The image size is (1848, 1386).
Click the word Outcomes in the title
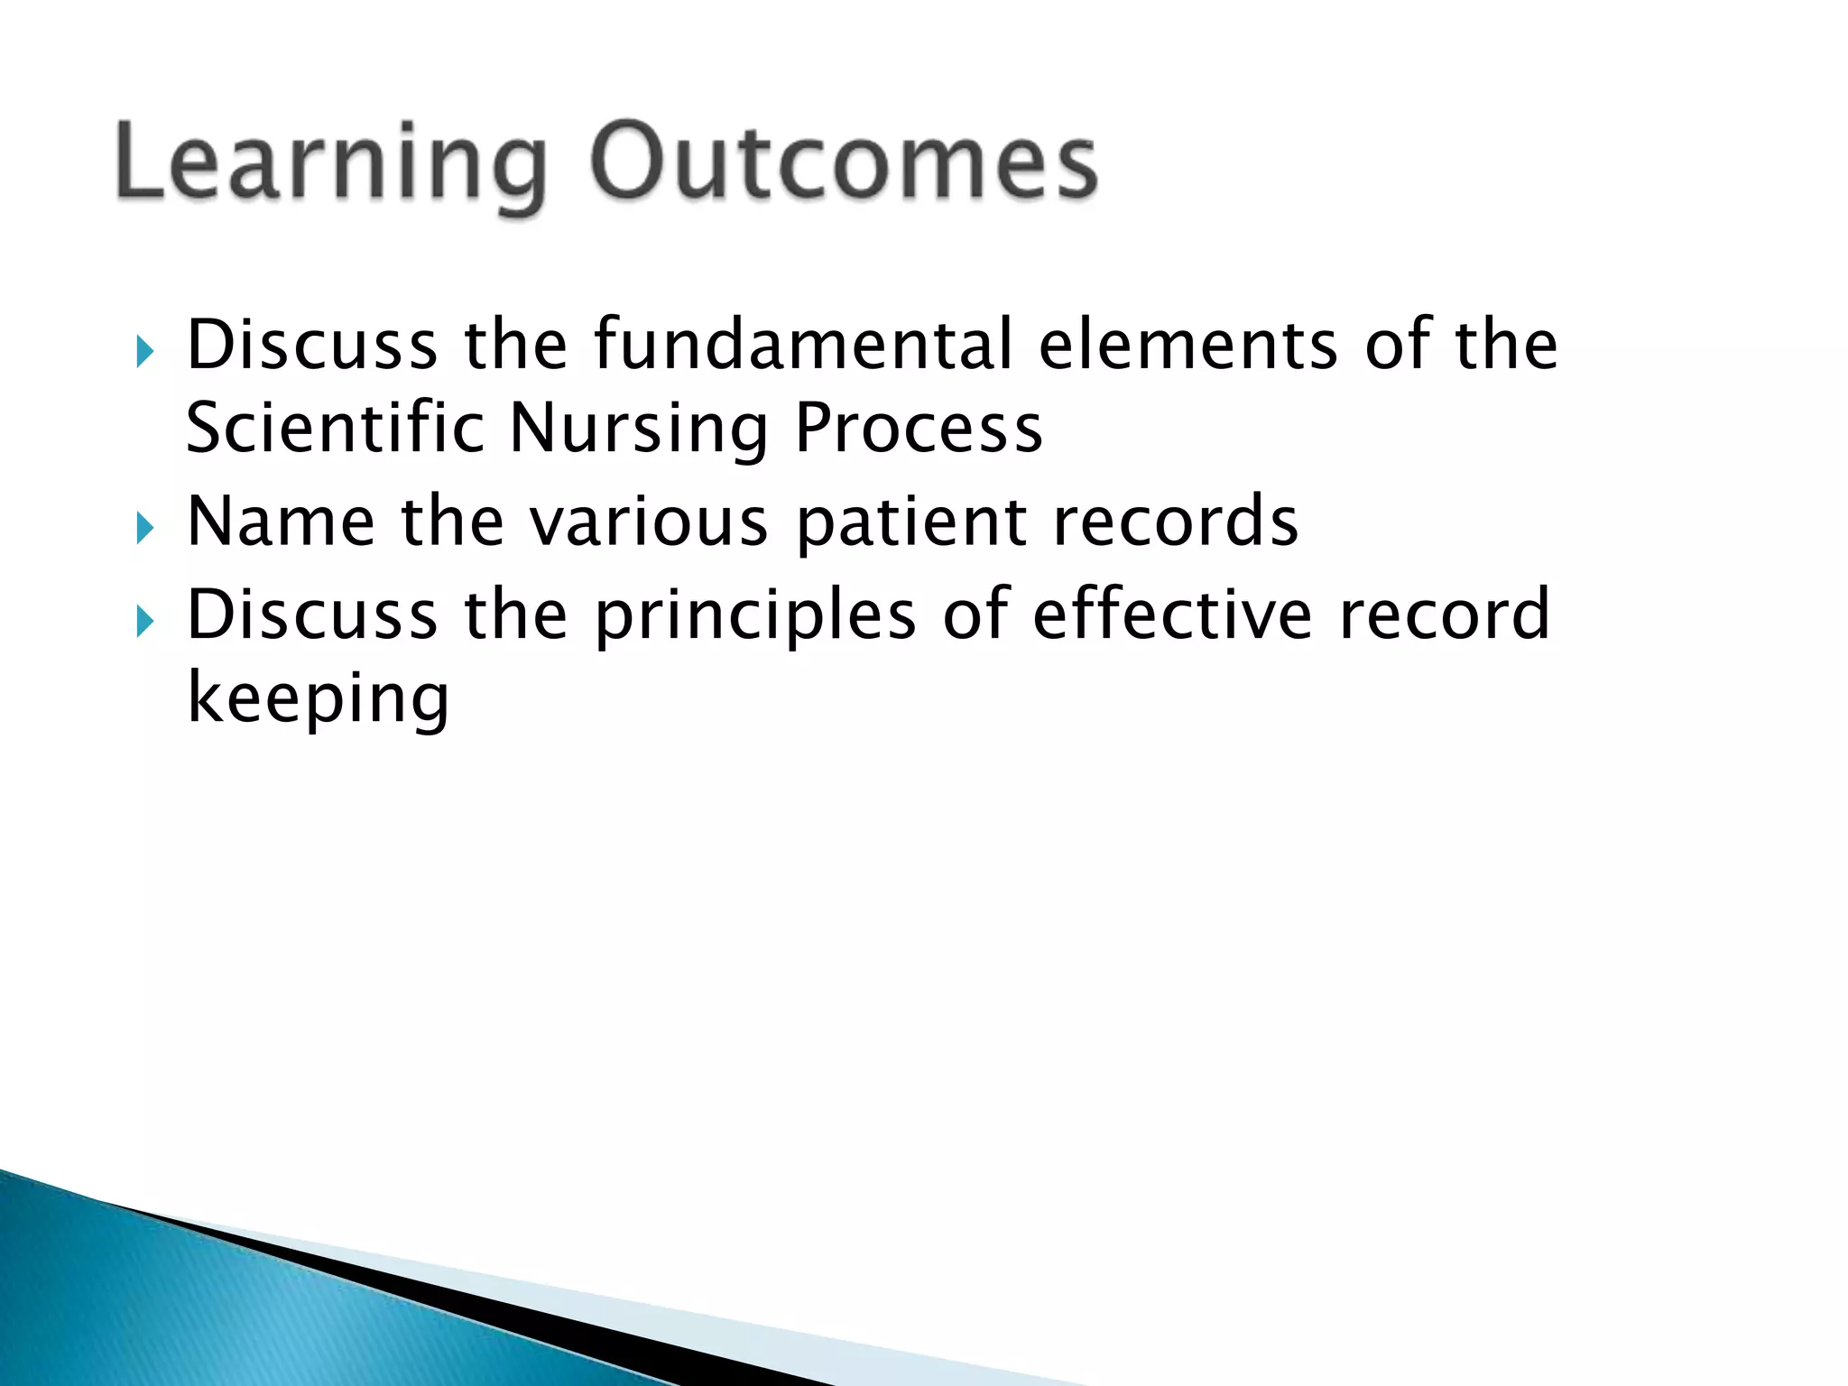pos(844,162)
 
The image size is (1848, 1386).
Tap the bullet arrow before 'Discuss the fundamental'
pos(145,351)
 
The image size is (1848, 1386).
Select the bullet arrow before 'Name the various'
pos(145,528)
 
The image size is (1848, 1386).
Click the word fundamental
pos(803,345)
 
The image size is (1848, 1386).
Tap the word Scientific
pos(335,428)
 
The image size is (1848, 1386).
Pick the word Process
pos(919,428)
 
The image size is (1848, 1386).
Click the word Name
pos(281,522)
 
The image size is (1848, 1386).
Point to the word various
pos(648,523)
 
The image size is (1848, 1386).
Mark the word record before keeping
pos(1444,614)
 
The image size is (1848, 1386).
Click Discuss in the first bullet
pos(312,345)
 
